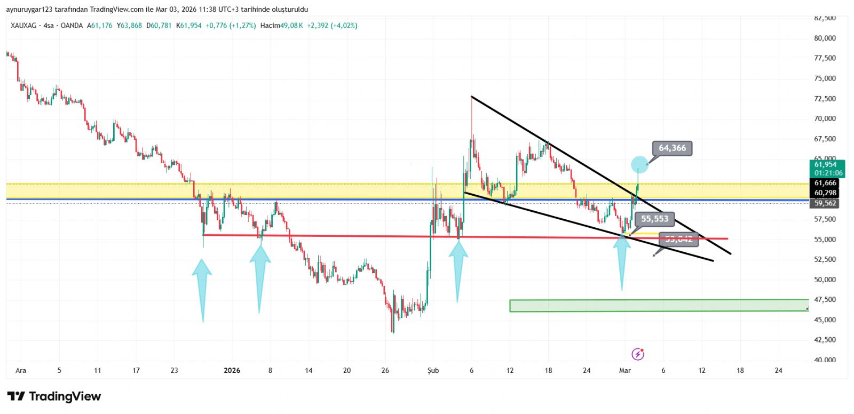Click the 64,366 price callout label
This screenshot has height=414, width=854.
point(672,148)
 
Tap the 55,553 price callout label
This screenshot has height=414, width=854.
point(654,219)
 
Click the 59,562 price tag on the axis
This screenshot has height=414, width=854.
point(825,203)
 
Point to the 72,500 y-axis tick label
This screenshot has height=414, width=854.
point(825,99)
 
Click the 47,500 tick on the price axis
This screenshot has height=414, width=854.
point(825,300)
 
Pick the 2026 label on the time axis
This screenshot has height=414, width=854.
point(232,370)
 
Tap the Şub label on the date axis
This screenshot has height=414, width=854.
point(433,370)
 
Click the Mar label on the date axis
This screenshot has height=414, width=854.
point(624,370)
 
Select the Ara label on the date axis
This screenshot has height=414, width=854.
point(21,370)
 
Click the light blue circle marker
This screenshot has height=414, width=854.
point(639,164)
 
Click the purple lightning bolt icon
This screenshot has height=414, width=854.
point(638,354)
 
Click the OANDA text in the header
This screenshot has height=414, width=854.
point(72,26)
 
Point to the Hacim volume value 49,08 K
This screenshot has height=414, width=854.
point(292,26)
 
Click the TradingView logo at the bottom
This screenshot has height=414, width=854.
point(54,396)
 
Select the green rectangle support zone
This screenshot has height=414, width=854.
point(659,305)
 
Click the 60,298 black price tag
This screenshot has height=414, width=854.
point(825,193)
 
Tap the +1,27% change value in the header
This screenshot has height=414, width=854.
point(243,26)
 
